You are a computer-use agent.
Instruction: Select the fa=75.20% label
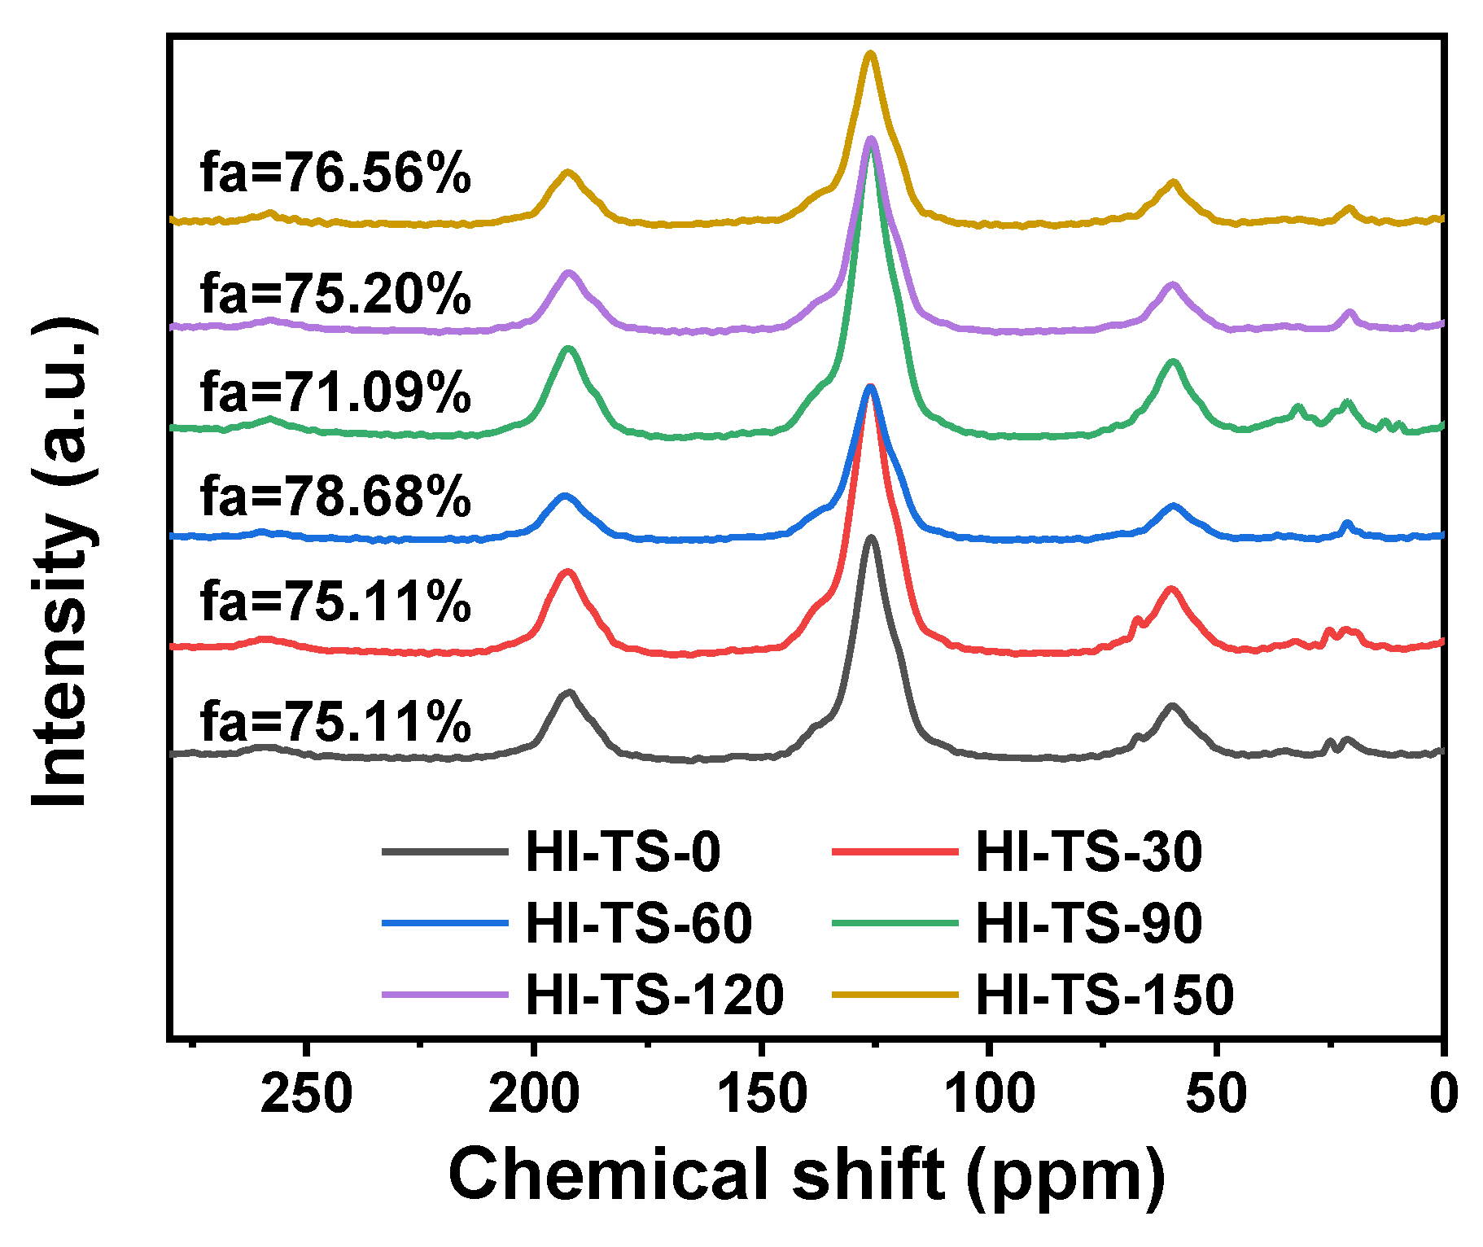click(335, 293)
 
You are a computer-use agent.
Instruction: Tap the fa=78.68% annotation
click(335, 496)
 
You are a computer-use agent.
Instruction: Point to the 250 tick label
click(307, 1094)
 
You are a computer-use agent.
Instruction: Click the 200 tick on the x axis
click(534, 1094)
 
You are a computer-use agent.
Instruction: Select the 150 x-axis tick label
click(762, 1094)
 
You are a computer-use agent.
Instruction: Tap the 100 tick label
click(989, 1094)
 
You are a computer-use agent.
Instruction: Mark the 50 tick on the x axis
click(1216, 1094)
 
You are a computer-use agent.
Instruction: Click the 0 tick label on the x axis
click(1443, 1094)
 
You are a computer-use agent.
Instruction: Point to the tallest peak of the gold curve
click(870, 54)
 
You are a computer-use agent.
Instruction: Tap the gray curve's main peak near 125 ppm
click(871, 537)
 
